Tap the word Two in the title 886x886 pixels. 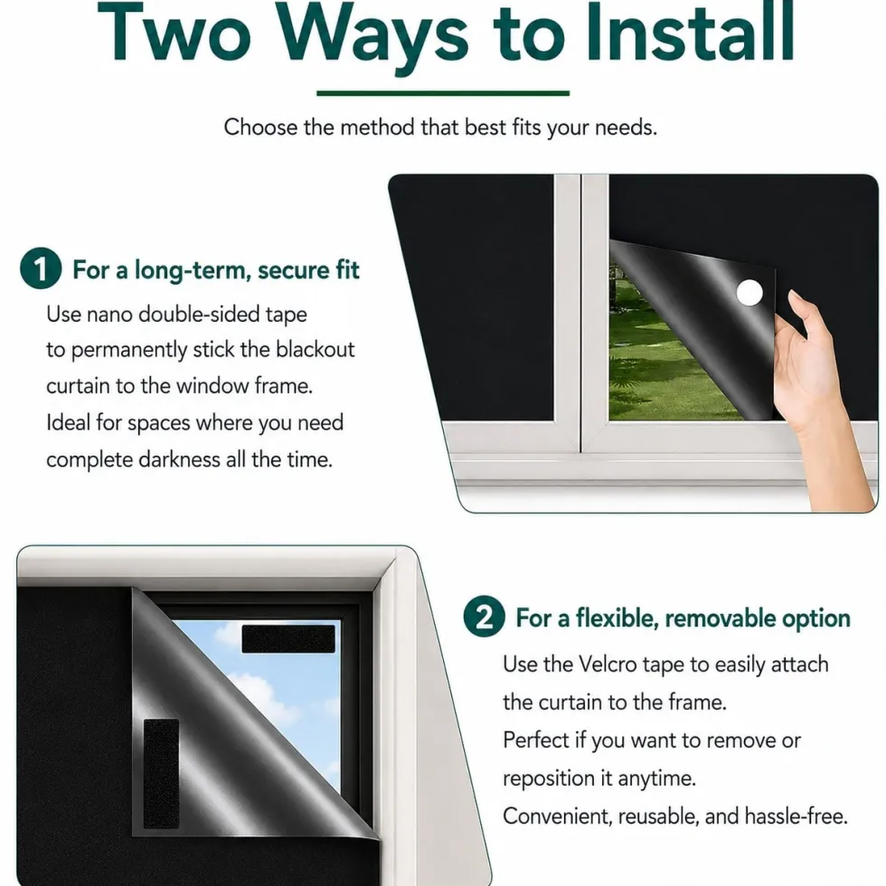click(x=174, y=33)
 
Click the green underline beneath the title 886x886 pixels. click(x=443, y=93)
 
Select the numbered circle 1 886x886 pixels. click(x=41, y=269)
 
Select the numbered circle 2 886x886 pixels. click(x=485, y=617)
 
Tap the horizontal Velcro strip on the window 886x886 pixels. click(x=288, y=638)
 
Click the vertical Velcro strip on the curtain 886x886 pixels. click(x=161, y=774)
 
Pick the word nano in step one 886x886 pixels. click(x=109, y=315)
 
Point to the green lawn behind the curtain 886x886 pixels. click(x=661, y=362)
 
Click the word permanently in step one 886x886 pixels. click(x=128, y=351)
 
